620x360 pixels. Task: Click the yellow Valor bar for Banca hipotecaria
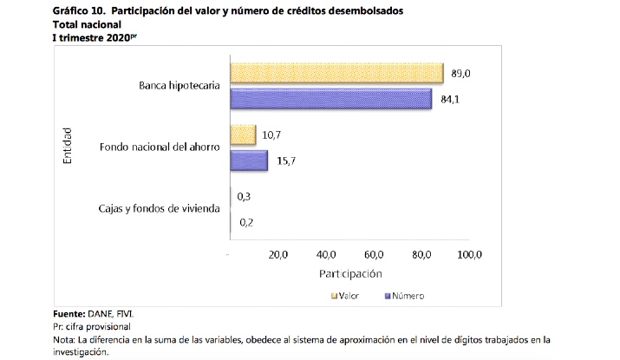[x=336, y=74]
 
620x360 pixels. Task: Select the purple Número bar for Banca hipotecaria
[x=330, y=99]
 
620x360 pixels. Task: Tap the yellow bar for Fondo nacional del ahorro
[x=243, y=135]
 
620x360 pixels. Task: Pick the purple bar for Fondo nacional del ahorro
[x=249, y=160]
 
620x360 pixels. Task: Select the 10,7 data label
[x=271, y=135]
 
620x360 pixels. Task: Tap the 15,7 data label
[x=284, y=160]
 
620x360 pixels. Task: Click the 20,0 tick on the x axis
[x=277, y=255]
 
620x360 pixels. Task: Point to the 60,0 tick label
[x=374, y=255]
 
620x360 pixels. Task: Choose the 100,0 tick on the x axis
[x=469, y=255]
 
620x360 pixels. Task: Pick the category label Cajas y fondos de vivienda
[x=160, y=209]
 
